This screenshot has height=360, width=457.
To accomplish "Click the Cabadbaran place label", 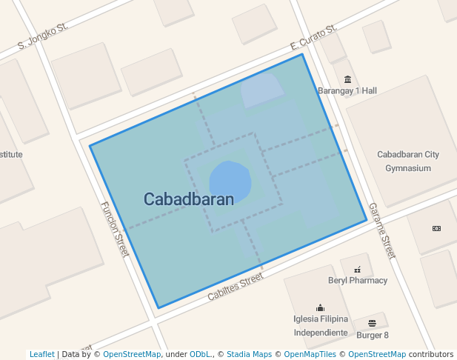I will pyautogui.click(x=188, y=199).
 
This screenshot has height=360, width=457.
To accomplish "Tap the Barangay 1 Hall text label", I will pyautogui.click(x=347, y=90).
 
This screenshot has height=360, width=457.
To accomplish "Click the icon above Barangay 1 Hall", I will pyautogui.click(x=347, y=79).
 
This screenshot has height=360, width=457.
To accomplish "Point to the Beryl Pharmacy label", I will pyautogui.click(x=358, y=281).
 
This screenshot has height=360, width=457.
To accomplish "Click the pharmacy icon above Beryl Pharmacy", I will pyautogui.click(x=358, y=270).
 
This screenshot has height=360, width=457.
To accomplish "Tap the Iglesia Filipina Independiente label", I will pyautogui.click(x=321, y=326).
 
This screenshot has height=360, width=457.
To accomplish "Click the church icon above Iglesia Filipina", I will pyautogui.click(x=320, y=307).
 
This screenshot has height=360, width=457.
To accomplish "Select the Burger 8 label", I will pyautogui.click(x=372, y=333).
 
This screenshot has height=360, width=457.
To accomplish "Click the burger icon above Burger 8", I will pyautogui.click(x=372, y=323).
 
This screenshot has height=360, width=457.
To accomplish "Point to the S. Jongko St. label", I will pyautogui.click(x=42, y=37).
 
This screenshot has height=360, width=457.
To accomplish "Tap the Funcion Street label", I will pyautogui.click(x=115, y=229).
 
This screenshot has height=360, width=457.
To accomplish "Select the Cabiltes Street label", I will pyautogui.click(x=236, y=286).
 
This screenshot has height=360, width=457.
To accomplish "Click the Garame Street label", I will pyautogui.click(x=382, y=230).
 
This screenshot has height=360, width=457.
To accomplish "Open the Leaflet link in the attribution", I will pyautogui.click(x=42, y=354).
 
